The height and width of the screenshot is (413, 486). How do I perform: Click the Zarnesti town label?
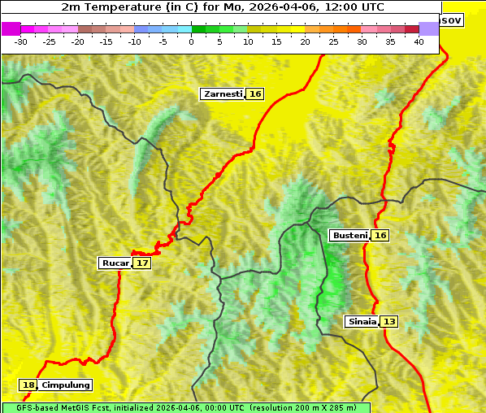click(223, 94)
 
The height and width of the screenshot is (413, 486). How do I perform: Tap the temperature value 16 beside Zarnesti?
click(255, 94)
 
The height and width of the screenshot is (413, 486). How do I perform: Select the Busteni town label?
click(349, 236)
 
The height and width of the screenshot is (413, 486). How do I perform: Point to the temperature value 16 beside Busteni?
click(380, 236)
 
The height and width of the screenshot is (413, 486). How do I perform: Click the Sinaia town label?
click(362, 321)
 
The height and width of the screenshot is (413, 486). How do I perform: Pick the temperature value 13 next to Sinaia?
click(389, 321)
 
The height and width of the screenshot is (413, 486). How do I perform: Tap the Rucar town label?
click(115, 263)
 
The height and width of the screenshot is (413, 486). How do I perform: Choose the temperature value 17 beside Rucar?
click(142, 263)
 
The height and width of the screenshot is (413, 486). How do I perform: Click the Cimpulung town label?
click(66, 385)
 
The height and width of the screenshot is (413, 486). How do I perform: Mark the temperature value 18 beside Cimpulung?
click(29, 385)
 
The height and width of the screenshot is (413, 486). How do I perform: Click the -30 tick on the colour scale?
click(21, 41)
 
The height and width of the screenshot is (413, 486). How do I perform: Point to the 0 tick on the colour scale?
click(192, 41)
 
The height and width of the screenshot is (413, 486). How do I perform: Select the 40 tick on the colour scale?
click(419, 41)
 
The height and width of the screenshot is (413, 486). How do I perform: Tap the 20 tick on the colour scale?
click(305, 41)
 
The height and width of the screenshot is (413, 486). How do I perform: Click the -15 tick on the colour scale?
click(106, 41)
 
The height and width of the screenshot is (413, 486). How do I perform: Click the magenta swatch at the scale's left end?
click(11, 28)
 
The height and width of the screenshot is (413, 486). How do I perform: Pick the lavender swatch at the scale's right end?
click(429, 28)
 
